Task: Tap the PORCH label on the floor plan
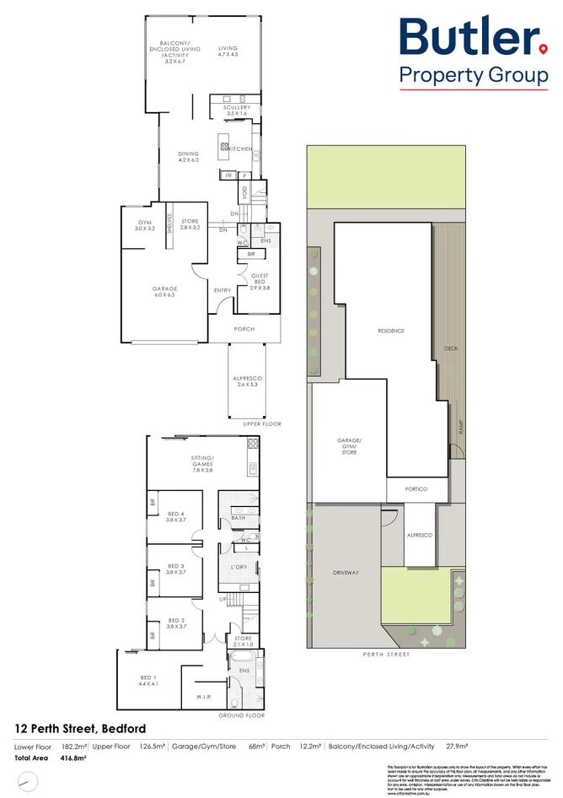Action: click(x=244, y=329)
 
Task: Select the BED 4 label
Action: click(x=175, y=517)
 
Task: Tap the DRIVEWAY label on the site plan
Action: click(x=346, y=573)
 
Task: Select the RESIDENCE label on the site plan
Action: click(x=390, y=332)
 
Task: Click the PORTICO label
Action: click(x=416, y=489)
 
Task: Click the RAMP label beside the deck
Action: click(x=461, y=428)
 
